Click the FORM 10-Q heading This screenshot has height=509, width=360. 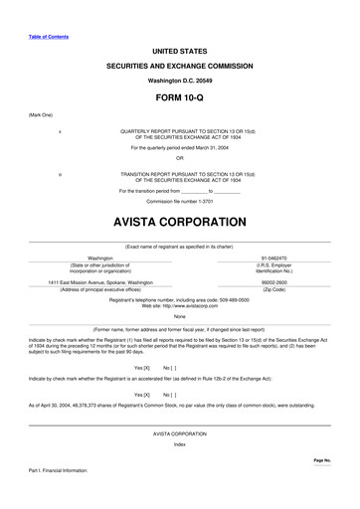click(x=179, y=100)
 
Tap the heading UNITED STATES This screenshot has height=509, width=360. click(x=179, y=49)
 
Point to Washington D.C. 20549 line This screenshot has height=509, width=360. click(x=180, y=80)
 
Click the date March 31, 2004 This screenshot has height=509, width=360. click(x=209, y=148)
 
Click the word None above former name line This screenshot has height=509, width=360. click(x=179, y=317)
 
